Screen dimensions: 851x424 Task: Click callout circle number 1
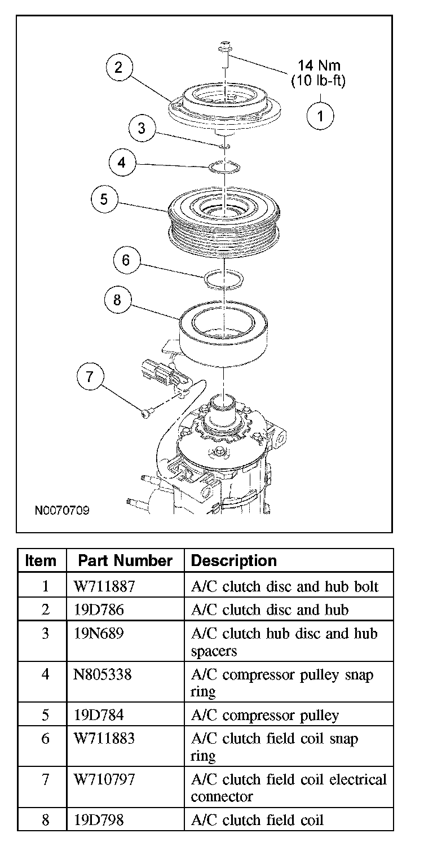[320, 117]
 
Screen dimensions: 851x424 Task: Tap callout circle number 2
[119, 68]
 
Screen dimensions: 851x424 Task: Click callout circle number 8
[117, 300]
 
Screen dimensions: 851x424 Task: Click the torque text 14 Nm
[319, 67]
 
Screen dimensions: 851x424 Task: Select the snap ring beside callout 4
[225, 168]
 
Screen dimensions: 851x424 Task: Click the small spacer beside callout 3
[224, 147]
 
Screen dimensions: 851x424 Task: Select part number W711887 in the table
[104, 586]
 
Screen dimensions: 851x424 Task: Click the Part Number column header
[125, 560]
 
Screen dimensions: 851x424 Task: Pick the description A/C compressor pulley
[265, 715]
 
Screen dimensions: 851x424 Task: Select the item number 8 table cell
[45, 819]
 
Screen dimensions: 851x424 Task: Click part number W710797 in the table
[104, 779]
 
